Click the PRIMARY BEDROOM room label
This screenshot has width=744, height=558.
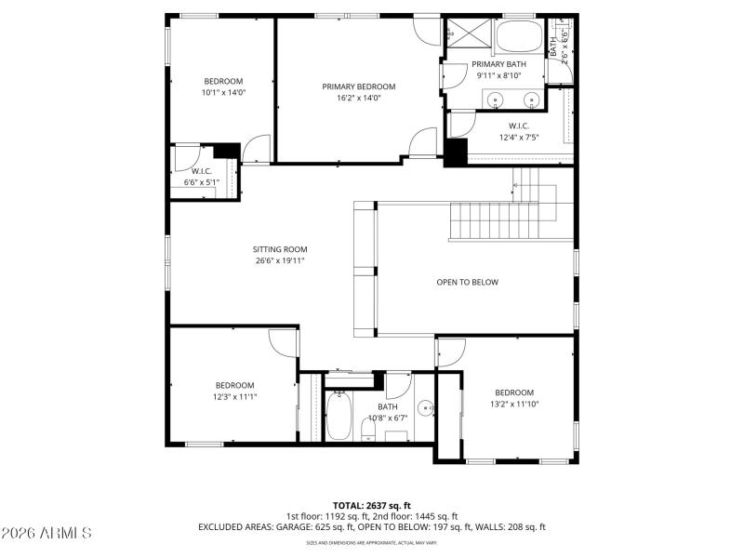coord(352,86)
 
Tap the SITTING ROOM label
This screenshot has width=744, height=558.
coord(280,249)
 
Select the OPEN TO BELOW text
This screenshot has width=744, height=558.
coord(468,282)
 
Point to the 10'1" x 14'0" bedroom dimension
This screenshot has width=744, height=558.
coord(222,92)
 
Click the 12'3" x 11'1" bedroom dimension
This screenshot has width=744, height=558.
coord(235,396)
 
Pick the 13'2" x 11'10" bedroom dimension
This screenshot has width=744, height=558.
coord(514,404)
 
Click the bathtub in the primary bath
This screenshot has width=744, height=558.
coord(518,37)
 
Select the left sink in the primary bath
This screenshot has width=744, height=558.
coord(496,99)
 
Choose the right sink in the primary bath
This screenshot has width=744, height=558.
coord(533,99)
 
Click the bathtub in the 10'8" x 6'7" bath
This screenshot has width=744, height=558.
coord(339,417)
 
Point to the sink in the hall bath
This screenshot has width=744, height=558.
coord(425,407)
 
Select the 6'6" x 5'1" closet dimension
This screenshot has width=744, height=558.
coord(202,182)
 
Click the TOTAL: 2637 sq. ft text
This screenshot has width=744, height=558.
coord(372,505)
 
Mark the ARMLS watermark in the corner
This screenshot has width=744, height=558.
coord(46,534)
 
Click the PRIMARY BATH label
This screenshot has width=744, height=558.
coord(498,64)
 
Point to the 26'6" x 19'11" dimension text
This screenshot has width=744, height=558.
coord(280,260)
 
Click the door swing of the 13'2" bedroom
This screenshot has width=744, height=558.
coord(449,352)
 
